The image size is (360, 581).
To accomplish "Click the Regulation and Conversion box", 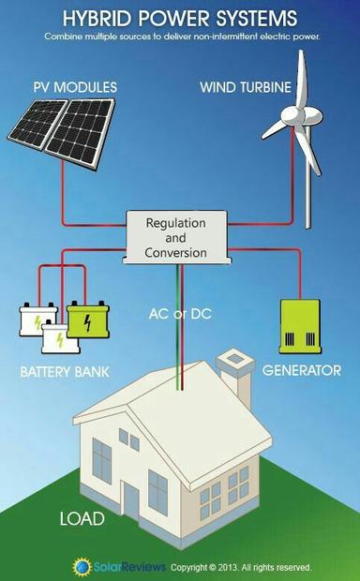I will [x=175, y=238].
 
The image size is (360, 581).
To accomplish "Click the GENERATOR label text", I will [x=301, y=370].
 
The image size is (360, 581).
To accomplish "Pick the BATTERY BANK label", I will [x=65, y=372].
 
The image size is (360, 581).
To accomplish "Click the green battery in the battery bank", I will [x=85, y=322].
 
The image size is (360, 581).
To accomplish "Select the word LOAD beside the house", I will [x=82, y=518].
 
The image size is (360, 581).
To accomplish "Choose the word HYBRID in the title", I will [x=96, y=18].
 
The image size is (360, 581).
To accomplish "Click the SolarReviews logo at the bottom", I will [x=119, y=566].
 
